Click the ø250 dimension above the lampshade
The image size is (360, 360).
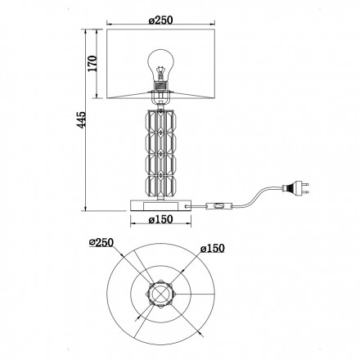tap(160, 20)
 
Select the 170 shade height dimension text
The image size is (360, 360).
tap(92, 63)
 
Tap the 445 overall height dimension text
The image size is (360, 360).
tap(81, 119)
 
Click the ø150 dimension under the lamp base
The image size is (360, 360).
tap(160, 219)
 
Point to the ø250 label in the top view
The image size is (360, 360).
tap(101, 242)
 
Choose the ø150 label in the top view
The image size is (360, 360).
tap(213, 249)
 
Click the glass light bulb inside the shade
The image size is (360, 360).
tap(160, 65)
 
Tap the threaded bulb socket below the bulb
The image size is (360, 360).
tap(160, 85)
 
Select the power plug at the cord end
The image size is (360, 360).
tap(296, 188)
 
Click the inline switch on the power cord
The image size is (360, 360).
tap(218, 206)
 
